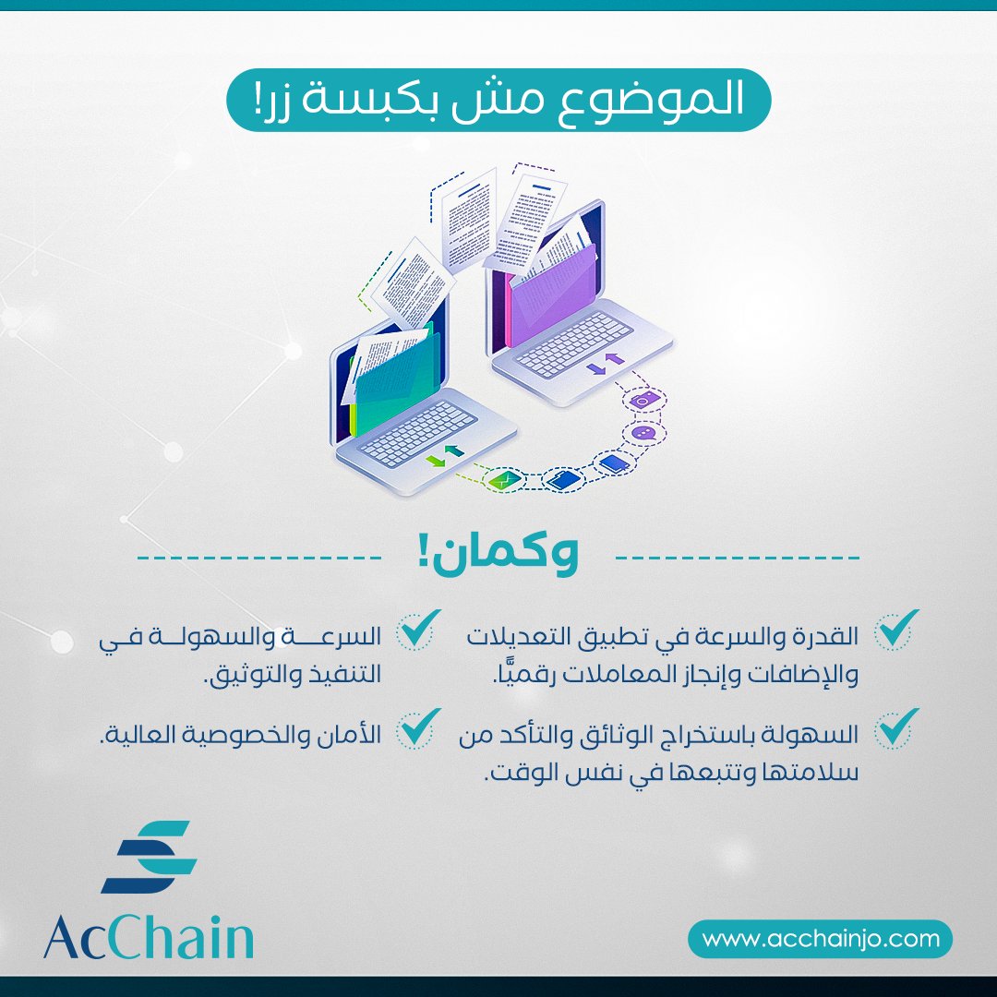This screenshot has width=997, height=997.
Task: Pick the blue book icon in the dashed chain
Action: point(610,462)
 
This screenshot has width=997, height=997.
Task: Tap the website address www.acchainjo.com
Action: point(821,939)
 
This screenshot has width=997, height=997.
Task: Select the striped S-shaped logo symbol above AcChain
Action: point(149,856)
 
